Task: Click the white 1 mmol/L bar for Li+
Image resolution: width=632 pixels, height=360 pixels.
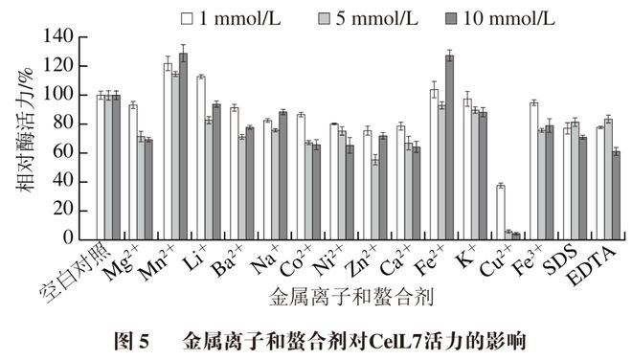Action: pos(200,157)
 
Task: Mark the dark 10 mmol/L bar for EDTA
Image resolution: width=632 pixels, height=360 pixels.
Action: pos(616,194)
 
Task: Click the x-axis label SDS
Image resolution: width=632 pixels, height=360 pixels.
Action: pos(562,260)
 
